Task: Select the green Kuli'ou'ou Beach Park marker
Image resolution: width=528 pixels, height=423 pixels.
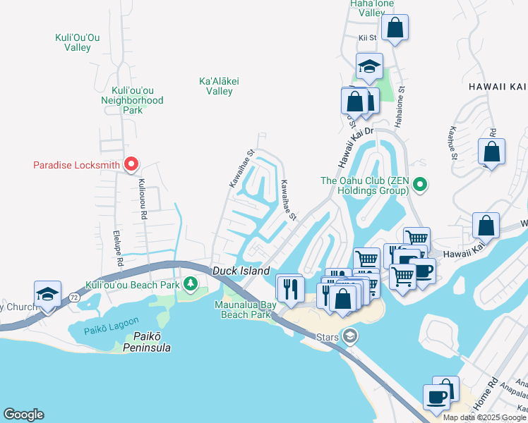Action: (190, 284)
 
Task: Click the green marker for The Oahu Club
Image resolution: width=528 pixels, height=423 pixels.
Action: (420, 185)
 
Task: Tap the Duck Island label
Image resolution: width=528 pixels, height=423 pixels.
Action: (241, 271)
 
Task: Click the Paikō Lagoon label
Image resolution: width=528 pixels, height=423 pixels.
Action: (100, 330)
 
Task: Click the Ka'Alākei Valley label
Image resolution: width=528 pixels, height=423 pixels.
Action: (220, 86)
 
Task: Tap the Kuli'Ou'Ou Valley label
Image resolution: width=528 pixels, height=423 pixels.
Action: (83, 42)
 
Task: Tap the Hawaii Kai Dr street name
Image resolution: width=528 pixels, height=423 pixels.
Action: (353, 149)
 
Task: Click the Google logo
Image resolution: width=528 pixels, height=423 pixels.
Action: (23, 415)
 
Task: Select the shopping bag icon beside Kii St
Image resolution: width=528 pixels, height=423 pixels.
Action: (395, 29)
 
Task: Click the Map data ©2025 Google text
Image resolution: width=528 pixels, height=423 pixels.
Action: (484, 417)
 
